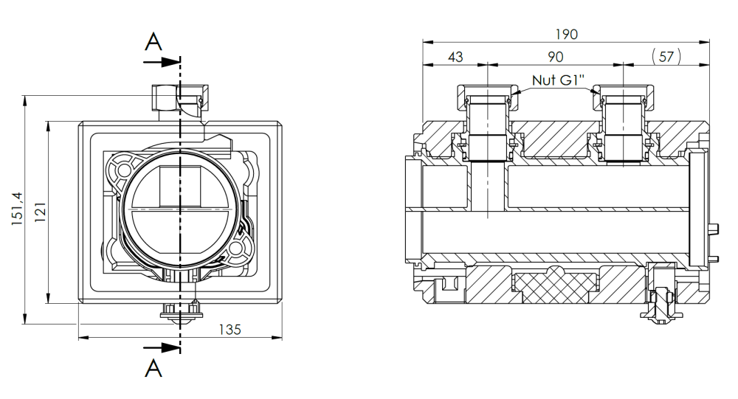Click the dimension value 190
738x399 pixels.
coord(566,35)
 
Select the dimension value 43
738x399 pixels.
coord(455,57)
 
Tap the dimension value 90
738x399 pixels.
coord(556,57)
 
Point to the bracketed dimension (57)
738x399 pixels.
coord(666,57)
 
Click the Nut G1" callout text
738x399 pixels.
coord(558,80)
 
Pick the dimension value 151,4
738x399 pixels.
coord(18,209)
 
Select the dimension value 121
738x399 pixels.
coord(41,212)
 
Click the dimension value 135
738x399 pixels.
coord(230,330)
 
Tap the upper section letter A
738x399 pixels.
coord(154,42)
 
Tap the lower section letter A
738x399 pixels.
coord(154,368)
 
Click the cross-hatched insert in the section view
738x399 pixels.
coord(556,285)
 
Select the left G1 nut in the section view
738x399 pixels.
coord(488,98)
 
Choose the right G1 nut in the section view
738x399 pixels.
coord(623,98)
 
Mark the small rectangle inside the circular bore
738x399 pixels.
coord(180,187)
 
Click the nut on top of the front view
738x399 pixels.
coord(180,98)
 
